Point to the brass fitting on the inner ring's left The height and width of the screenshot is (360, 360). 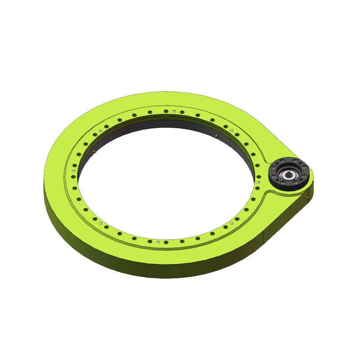coord(94,151)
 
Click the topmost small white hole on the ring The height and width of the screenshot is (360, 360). coord(174,110)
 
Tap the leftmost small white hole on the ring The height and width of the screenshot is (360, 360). coord(74,171)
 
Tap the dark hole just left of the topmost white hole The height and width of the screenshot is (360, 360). coord(166,111)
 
